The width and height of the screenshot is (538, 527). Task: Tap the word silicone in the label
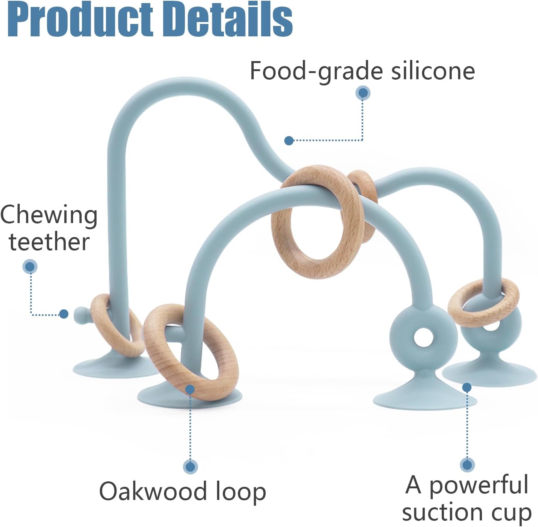(432, 71)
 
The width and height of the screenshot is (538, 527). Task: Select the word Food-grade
(316, 72)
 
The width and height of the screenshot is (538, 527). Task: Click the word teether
(50, 242)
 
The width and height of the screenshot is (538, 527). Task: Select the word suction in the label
(441, 513)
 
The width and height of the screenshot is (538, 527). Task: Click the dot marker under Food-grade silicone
(363, 93)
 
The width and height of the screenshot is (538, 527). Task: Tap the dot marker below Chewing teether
(30, 266)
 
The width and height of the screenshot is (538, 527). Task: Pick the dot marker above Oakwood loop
(190, 467)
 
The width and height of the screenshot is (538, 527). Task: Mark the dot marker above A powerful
(467, 464)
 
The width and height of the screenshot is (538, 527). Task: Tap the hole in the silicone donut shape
(423, 338)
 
